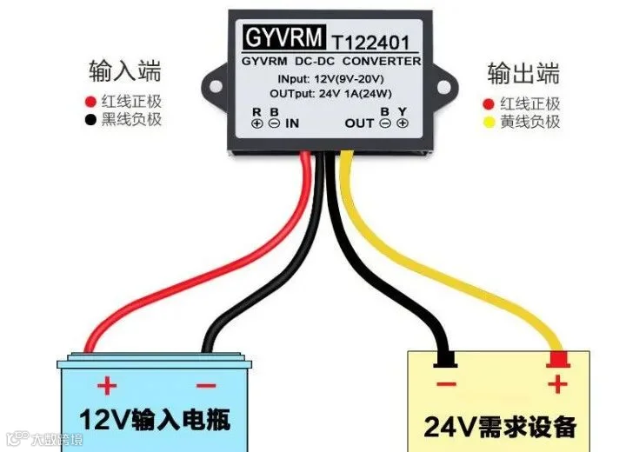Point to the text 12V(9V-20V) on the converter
tap(344, 79)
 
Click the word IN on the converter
tap(292, 123)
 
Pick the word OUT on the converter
tap(359, 123)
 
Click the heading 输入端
tap(125, 70)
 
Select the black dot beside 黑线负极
tap(90, 120)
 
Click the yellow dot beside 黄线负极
tap(489, 123)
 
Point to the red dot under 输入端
tap(90, 100)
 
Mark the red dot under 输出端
tap(489, 103)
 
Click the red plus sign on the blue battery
tap(107, 384)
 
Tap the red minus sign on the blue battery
tap(203, 384)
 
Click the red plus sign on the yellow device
tap(557, 383)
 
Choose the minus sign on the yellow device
tap(446, 383)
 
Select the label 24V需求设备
tap(500, 426)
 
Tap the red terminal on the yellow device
tap(556, 357)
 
